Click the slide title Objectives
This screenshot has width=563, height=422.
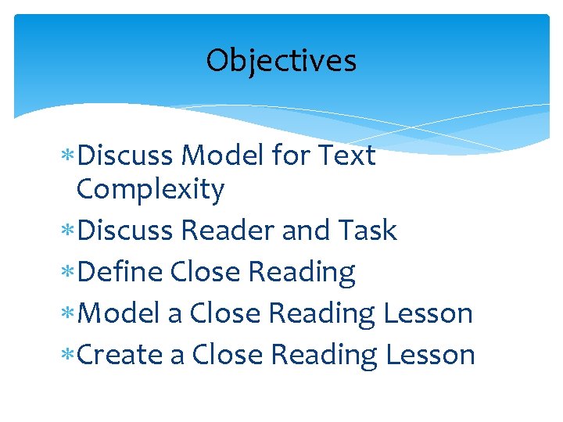pos(281,60)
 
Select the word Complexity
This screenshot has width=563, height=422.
pos(150,190)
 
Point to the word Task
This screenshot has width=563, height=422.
pos(369,231)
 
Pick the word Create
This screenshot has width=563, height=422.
pos(121,354)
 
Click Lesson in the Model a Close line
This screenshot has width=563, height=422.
pos(429,313)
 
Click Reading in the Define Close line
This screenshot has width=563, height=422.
pos(301,273)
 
